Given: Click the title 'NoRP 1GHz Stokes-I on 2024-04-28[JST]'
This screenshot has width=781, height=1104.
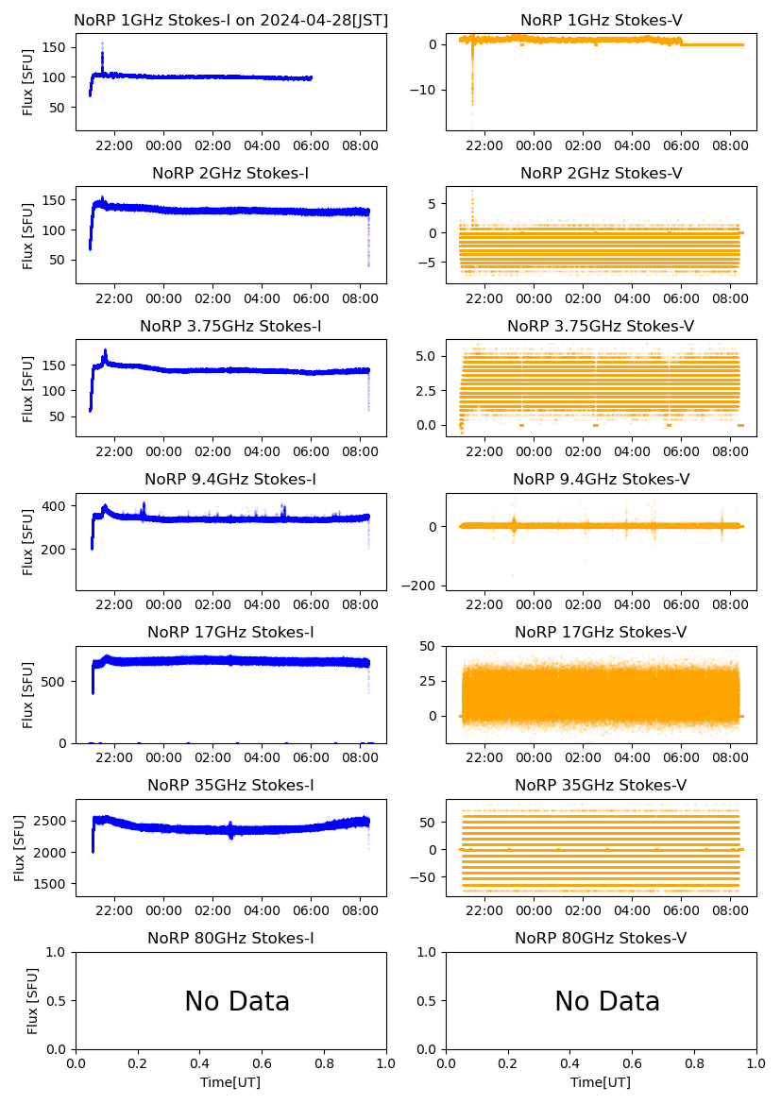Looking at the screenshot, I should pos(230,20).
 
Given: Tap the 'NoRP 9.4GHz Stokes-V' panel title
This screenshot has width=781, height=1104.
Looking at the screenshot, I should pos(601,479).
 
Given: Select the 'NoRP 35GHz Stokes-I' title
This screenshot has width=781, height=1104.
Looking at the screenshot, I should pos(230,785).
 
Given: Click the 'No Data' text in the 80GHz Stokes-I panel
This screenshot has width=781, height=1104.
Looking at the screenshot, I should pos(237,1001).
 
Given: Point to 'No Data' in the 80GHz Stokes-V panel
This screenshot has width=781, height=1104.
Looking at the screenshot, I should pos(607,1001).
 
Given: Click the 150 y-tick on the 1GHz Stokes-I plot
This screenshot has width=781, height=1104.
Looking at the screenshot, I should pos(58,47).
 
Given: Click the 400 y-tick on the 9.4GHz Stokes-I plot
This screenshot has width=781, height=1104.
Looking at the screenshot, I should pos(58,506).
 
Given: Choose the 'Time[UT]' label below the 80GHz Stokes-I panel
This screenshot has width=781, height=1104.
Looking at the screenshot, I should pos(230,1082).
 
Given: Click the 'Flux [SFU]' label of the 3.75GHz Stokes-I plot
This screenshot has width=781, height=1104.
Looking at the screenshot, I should pos(28,388).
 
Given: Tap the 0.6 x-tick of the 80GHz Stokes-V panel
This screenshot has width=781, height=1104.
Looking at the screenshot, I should pos(633,1063).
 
